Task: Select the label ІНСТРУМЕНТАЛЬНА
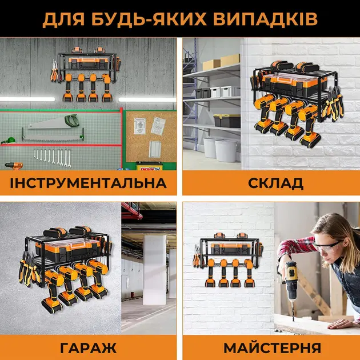click(x=89, y=183)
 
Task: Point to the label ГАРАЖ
click(x=89, y=347)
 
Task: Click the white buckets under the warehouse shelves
click(x=217, y=147)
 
